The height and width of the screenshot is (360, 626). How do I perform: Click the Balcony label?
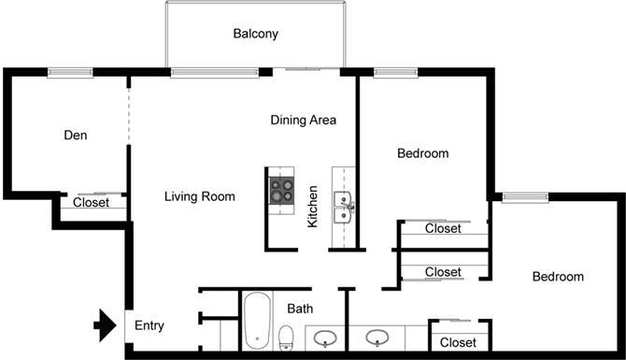pos(256,35)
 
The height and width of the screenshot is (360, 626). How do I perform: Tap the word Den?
pos(76,136)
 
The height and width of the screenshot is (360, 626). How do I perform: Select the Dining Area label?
pos(303,120)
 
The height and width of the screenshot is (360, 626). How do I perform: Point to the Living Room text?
pos(199,196)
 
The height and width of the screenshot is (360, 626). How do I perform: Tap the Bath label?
pos(300,308)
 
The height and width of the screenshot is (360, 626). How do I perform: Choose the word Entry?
pos(149,326)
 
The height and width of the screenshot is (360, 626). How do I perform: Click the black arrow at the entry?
pos(103,326)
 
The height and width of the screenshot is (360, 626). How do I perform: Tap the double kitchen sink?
pos(343,207)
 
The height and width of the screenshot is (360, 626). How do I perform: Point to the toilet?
pos(287,336)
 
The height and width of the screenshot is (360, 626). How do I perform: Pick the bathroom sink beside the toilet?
pos(326,338)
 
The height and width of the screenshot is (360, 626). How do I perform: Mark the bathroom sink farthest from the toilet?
pos(377,338)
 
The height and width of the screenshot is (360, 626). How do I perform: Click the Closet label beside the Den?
pos(91,202)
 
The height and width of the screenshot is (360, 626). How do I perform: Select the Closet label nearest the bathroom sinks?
pos(458,342)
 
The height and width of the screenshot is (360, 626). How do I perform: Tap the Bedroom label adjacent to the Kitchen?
pos(423,153)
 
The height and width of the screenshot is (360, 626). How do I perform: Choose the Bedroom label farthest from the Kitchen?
pos(558,277)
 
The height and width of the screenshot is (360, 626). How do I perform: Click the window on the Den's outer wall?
pos(69,72)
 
